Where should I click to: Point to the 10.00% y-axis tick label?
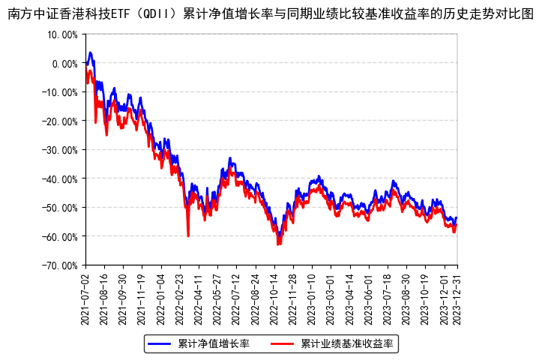pyautogui.click(x=62, y=34)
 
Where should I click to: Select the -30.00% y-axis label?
pyautogui.click(x=61, y=150)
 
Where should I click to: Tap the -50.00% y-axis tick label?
pyautogui.click(x=61, y=208)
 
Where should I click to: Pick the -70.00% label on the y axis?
pyautogui.click(x=61, y=265)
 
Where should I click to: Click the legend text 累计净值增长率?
pyautogui.click(x=214, y=344)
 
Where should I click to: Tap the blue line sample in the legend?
pyautogui.click(x=160, y=344)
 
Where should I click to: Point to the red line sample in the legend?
pyautogui.click(x=282, y=344)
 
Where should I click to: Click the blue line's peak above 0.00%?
pyautogui.click(x=90, y=52)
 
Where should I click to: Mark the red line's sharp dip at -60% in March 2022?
pyautogui.click(x=188, y=236)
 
